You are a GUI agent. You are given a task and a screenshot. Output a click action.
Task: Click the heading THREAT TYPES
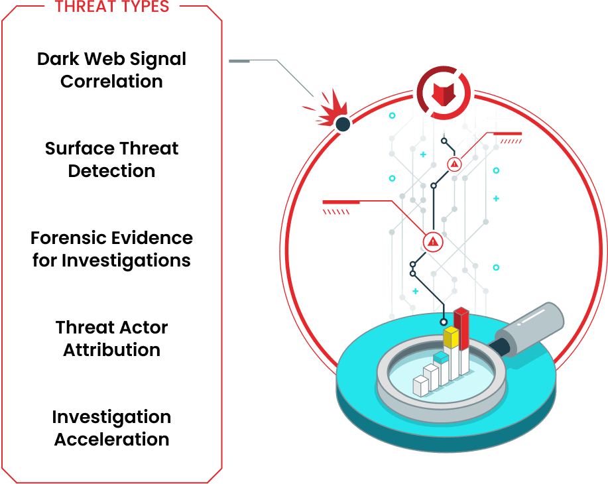tap(112, 7)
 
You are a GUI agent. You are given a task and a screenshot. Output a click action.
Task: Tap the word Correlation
tap(111, 82)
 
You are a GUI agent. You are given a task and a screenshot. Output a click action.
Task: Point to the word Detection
tap(111, 171)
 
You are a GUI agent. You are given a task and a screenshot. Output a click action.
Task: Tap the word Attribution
tap(111, 350)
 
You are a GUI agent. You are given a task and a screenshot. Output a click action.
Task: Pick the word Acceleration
tap(111, 440)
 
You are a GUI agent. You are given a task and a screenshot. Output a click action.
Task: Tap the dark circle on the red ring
tap(343, 123)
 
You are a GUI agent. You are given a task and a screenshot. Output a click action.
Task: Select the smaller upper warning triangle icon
tap(454, 164)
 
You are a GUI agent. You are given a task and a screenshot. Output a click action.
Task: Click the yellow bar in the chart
tap(452, 338)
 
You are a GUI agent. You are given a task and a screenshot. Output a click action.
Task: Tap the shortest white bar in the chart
tap(420, 386)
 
